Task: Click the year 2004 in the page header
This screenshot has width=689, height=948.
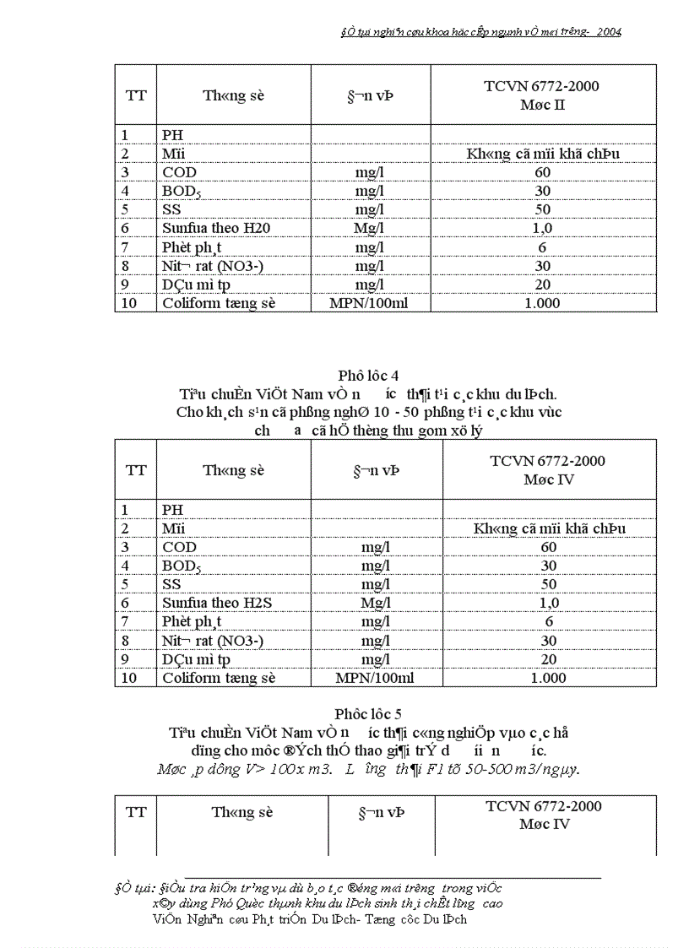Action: pos(608,31)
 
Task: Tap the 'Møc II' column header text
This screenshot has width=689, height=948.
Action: pos(542,105)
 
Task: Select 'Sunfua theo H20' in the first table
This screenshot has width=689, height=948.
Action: pos(216,228)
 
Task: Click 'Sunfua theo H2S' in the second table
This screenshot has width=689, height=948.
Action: pos(215,603)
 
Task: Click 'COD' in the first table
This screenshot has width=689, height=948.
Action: pos(179,172)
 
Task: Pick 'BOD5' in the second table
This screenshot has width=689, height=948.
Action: pos(182,566)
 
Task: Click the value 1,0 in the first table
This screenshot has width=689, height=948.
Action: pos(542,228)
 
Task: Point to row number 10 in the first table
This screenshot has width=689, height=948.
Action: pos(128,303)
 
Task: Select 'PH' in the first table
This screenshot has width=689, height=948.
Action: pos(172,135)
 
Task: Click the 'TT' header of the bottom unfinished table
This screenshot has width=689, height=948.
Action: pos(135,812)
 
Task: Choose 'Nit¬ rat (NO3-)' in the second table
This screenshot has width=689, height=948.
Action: pos(213,641)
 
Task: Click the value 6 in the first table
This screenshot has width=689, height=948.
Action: pos(542,246)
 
